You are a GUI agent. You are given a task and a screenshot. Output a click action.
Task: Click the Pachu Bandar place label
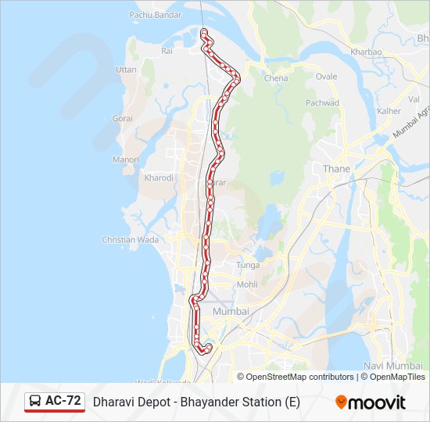155,14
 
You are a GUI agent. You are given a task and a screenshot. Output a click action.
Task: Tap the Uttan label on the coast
126,70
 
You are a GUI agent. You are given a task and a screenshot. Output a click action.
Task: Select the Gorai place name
123,118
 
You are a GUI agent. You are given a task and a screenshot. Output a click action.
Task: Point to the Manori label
126,159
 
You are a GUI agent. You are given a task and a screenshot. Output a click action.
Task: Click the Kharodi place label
159,178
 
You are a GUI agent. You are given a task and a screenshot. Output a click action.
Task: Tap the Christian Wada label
131,240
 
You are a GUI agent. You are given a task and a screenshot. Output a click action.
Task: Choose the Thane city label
336,169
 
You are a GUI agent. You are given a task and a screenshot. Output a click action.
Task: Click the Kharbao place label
367,52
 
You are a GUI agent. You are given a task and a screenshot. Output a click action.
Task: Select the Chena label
276,78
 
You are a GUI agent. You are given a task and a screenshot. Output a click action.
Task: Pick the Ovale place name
326,77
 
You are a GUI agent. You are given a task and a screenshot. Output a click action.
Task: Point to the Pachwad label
322,103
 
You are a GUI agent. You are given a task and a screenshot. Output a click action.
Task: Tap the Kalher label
389,111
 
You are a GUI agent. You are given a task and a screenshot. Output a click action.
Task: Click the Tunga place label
248,266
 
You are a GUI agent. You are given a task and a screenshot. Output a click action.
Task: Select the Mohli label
247,284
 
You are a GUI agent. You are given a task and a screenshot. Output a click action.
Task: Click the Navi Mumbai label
394,366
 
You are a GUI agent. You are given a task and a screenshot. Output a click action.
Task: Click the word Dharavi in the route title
114,402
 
